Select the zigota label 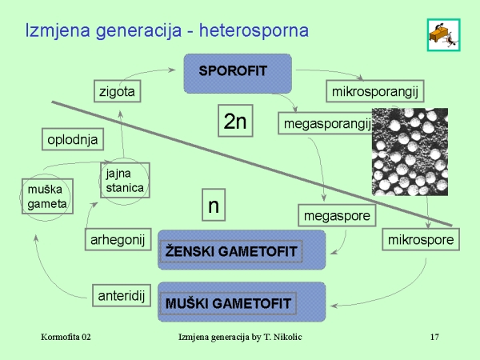click(117, 91)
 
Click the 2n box click(236, 121)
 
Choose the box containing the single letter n click(213, 206)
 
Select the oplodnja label click(72, 139)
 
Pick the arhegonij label click(115, 238)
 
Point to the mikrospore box click(420, 239)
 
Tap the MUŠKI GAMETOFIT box click(229, 303)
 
